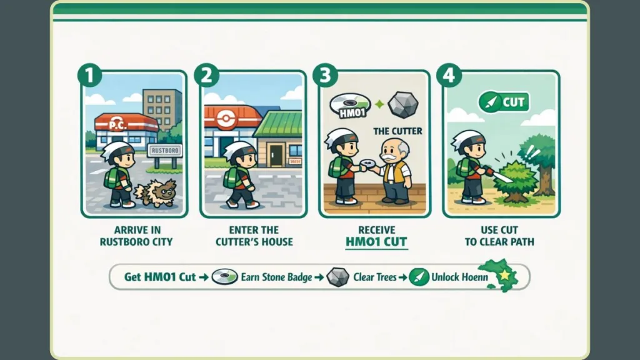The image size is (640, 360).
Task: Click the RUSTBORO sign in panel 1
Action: click(164, 151)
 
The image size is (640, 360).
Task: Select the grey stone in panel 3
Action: click(402, 105)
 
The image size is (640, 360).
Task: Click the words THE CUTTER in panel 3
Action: click(397, 131)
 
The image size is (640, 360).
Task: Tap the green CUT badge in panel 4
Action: click(503, 102)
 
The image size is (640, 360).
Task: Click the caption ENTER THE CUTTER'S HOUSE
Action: click(254, 236)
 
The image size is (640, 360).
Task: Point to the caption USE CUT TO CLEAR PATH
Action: click(499, 236)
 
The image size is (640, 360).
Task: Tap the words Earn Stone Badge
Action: click(276, 277)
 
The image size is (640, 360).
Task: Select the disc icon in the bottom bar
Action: click(224, 277)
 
